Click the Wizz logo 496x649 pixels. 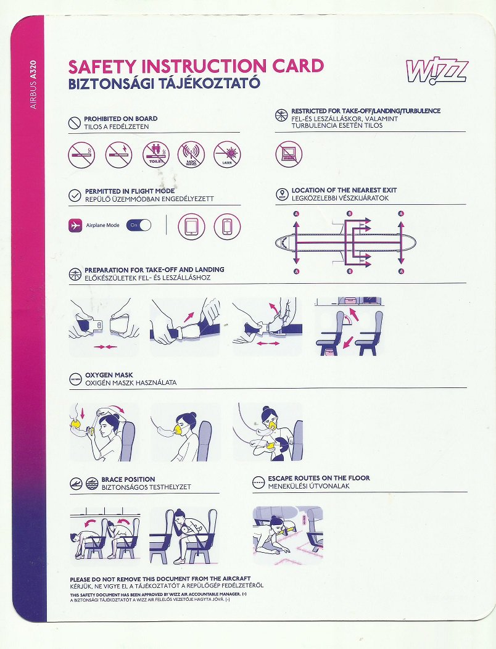[437, 70]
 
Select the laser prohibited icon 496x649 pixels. [227, 155]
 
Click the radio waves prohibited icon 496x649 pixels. [191, 155]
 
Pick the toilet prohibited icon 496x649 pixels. [155, 155]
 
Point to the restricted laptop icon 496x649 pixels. [288, 154]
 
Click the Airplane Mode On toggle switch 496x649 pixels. [139, 226]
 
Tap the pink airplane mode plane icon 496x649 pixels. [75, 226]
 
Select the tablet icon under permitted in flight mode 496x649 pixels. [191, 226]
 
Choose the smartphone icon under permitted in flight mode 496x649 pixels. [227, 226]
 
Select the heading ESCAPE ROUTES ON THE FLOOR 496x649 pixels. [319, 478]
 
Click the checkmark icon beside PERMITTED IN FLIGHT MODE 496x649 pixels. [75, 196]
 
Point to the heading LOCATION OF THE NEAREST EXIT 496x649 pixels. [344, 190]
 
